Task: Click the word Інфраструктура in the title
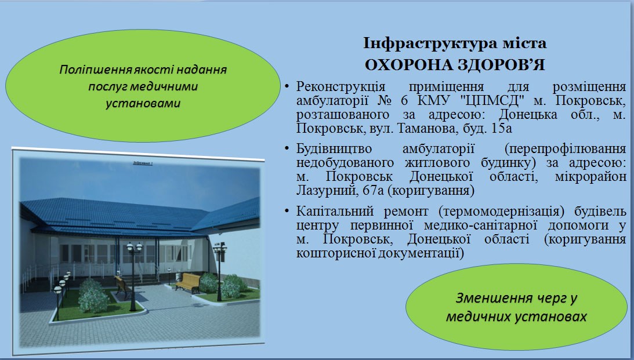pyautogui.click(x=429, y=43)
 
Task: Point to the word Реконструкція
pyautogui.click(x=340, y=87)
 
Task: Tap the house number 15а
pyautogui.click(x=501, y=129)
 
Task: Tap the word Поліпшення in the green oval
pyautogui.click(x=96, y=70)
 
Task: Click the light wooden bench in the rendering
pyautogui.click(x=188, y=282)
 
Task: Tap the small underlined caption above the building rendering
pyautogui.click(x=142, y=163)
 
